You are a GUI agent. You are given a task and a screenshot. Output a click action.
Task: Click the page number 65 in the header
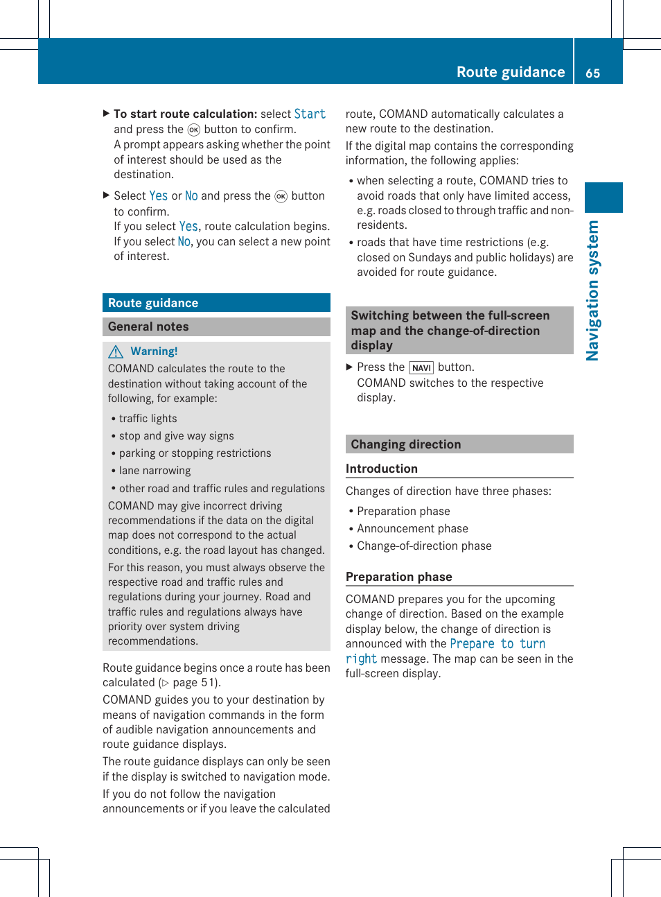click(592, 73)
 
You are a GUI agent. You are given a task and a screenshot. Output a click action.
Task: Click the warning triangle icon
click(116, 352)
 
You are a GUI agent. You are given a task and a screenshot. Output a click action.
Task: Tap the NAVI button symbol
click(421, 368)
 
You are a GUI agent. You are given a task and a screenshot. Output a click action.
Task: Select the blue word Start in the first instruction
click(310, 114)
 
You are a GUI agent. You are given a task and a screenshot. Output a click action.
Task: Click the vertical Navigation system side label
click(593, 290)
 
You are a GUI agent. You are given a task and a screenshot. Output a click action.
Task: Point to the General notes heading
click(148, 326)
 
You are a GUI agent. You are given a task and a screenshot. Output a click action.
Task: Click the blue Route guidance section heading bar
click(215, 303)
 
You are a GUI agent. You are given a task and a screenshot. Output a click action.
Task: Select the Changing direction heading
click(405, 444)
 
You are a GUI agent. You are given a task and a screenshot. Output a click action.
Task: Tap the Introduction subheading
click(382, 469)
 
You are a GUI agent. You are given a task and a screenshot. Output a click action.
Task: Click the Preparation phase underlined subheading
click(398, 577)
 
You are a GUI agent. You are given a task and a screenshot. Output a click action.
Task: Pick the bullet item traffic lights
click(148, 419)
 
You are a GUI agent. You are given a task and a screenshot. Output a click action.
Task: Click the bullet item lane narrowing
click(155, 471)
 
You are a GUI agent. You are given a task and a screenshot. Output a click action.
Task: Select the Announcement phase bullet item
click(412, 529)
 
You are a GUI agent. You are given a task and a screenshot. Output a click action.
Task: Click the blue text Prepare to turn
click(497, 644)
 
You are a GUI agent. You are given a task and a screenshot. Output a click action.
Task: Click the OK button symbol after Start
click(194, 130)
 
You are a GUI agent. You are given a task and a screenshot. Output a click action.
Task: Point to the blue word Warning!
click(154, 351)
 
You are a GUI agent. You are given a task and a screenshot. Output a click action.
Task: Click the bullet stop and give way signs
click(176, 436)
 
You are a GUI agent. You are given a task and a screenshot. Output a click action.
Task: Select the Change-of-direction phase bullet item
click(424, 546)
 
